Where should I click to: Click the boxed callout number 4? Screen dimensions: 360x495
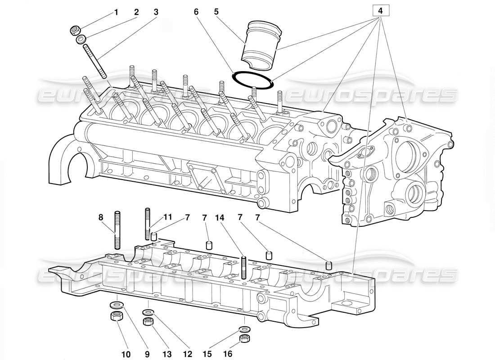tap(380, 9)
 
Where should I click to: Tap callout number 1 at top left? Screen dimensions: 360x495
tap(116, 12)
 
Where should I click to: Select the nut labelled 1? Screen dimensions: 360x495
tap(75, 31)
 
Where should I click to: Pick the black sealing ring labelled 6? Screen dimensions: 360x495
tap(253, 80)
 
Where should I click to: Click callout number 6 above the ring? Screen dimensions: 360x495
tap(196, 12)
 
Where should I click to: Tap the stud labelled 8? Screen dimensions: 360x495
tap(117, 229)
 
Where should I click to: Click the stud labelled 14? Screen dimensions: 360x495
tap(243, 268)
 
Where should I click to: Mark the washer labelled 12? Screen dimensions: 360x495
tap(148, 312)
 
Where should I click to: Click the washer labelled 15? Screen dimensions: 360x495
tap(244, 329)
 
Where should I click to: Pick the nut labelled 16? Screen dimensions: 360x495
tap(244, 338)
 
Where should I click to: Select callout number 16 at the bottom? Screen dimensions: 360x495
tap(228, 354)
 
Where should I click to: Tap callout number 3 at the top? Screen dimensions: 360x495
tap(156, 12)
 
